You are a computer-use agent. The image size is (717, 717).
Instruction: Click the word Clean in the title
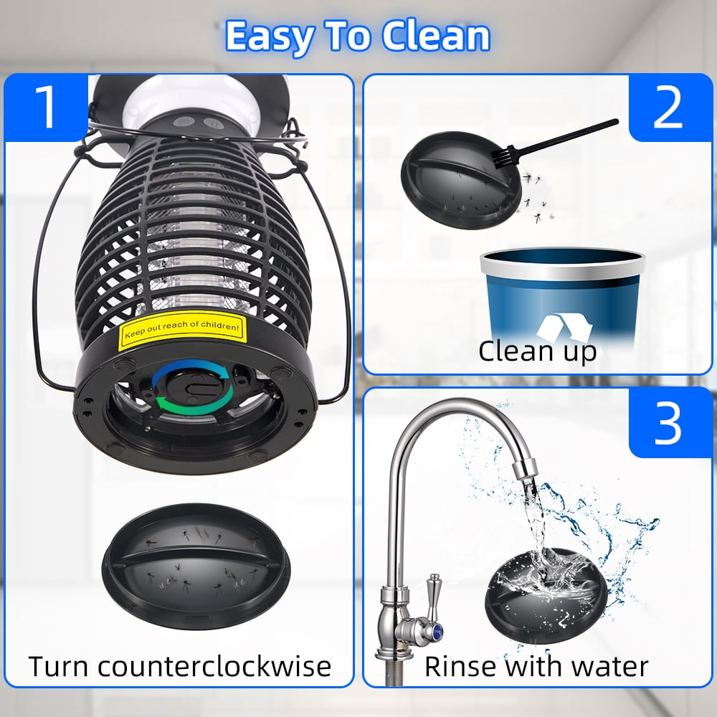click(435, 37)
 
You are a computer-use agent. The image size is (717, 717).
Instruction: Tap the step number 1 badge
click(46, 108)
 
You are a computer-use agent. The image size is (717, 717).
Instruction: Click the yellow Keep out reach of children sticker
click(182, 330)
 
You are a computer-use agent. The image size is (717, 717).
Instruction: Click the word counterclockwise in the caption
click(214, 666)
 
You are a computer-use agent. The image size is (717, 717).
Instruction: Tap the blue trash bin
click(562, 298)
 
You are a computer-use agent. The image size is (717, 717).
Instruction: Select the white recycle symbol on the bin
click(564, 328)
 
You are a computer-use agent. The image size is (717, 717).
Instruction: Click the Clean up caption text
click(538, 351)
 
